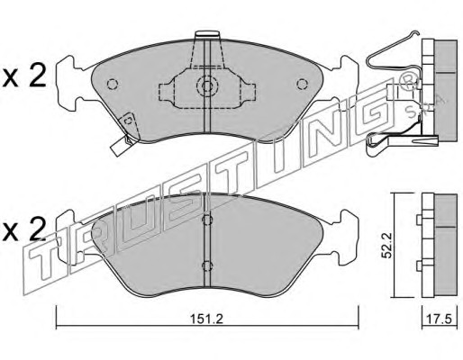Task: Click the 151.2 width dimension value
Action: [207, 319]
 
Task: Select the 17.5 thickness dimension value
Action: [440, 319]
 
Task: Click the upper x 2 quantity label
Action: [24, 76]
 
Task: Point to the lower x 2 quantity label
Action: [24, 229]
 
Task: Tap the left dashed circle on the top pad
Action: [113, 84]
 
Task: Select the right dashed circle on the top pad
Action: [302, 84]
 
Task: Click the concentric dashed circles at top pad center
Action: [207, 86]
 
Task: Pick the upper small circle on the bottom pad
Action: [207, 220]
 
